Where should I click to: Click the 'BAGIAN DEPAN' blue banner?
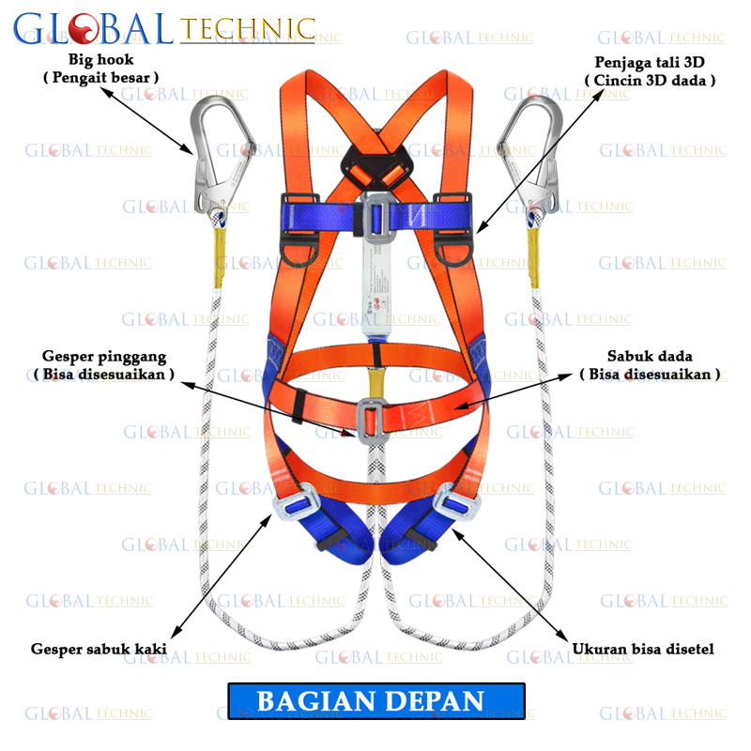click(x=375, y=700)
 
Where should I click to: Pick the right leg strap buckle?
click(x=452, y=500)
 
